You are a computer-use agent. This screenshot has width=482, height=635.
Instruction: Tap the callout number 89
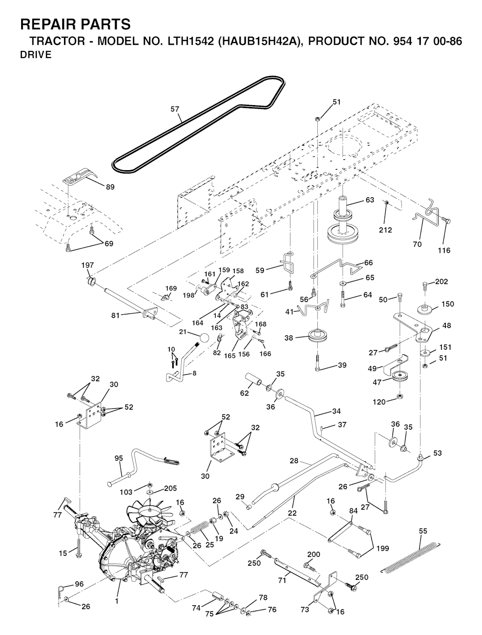click(110, 187)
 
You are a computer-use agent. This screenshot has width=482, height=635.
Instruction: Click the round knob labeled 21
click(204, 338)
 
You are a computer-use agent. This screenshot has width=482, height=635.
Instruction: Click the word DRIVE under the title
click(36, 55)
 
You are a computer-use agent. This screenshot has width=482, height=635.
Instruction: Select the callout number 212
click(385, 230)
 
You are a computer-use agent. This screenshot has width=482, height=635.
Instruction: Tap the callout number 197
click(88, 265)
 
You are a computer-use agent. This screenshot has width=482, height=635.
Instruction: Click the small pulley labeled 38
click(318, 336)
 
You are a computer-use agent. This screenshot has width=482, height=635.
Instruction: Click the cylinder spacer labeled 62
click(254, 380)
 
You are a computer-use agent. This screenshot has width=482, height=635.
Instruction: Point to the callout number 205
click(170, 488)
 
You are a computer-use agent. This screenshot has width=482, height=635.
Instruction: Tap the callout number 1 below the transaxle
click(117, 601)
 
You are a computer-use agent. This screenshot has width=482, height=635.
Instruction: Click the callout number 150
click(448, 304)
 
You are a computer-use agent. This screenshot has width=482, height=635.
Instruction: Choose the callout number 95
click(119, 458)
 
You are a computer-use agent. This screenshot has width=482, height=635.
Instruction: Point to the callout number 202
click(442, 282)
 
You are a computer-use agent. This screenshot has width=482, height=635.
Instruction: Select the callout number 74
click(196, 608)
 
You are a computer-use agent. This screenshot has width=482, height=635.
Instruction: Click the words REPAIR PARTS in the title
click(75, 24)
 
